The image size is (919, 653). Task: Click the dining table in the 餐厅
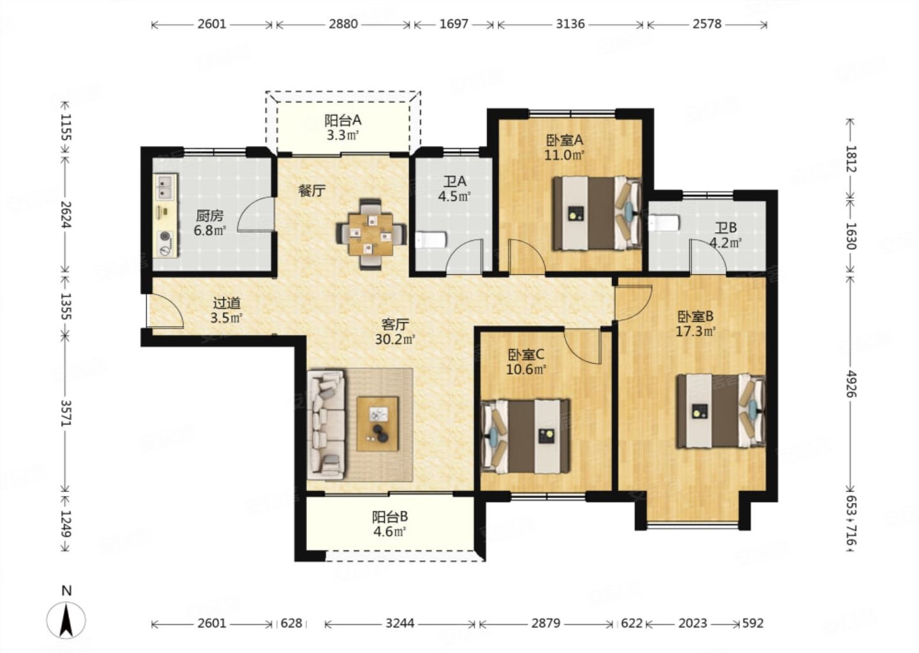tap(371, 234)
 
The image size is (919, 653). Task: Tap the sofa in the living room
tap(327, 425)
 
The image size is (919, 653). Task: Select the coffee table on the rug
tap(377, 424)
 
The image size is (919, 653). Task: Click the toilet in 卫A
tap(431, 240)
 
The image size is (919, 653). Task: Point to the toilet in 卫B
tap(664, 223)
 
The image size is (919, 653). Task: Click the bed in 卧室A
tap(597, 213)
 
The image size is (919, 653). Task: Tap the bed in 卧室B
tap(721, 411)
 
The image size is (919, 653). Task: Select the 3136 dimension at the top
tap(570, 24)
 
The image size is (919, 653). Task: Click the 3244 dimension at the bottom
tap(400, 624)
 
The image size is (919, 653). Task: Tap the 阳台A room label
tap(343, 120)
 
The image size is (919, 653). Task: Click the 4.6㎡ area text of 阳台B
tap(389, 532)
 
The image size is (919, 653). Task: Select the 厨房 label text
tap(209, 216)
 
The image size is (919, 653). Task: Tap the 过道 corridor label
tap(227, 304)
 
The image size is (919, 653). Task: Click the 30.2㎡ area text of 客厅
tap(395, 339)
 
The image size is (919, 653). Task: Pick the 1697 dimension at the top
tap(454, 24)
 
